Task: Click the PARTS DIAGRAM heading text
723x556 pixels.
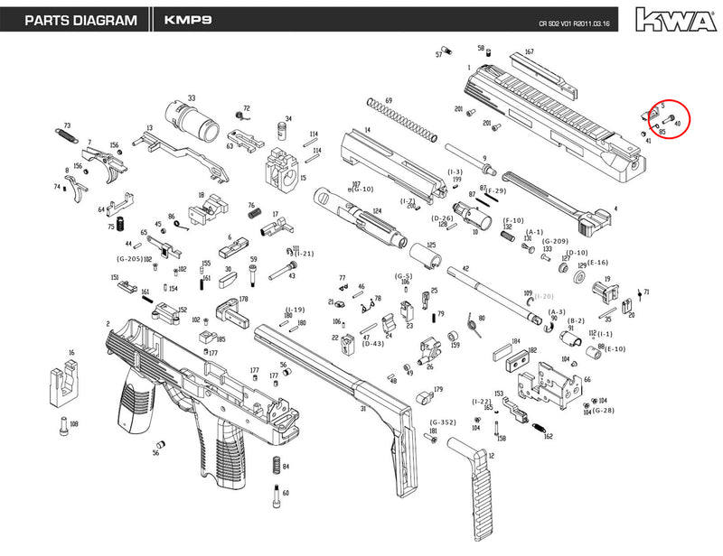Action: (80, 20)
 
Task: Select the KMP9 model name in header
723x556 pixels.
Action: (189, 20)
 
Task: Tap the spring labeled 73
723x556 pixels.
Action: (66, 135)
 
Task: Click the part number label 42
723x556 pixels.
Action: (465, 269)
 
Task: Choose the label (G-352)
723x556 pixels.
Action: (443, 422)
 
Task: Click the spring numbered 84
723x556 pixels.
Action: (274, 468)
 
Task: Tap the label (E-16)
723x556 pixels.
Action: (597, 262)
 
